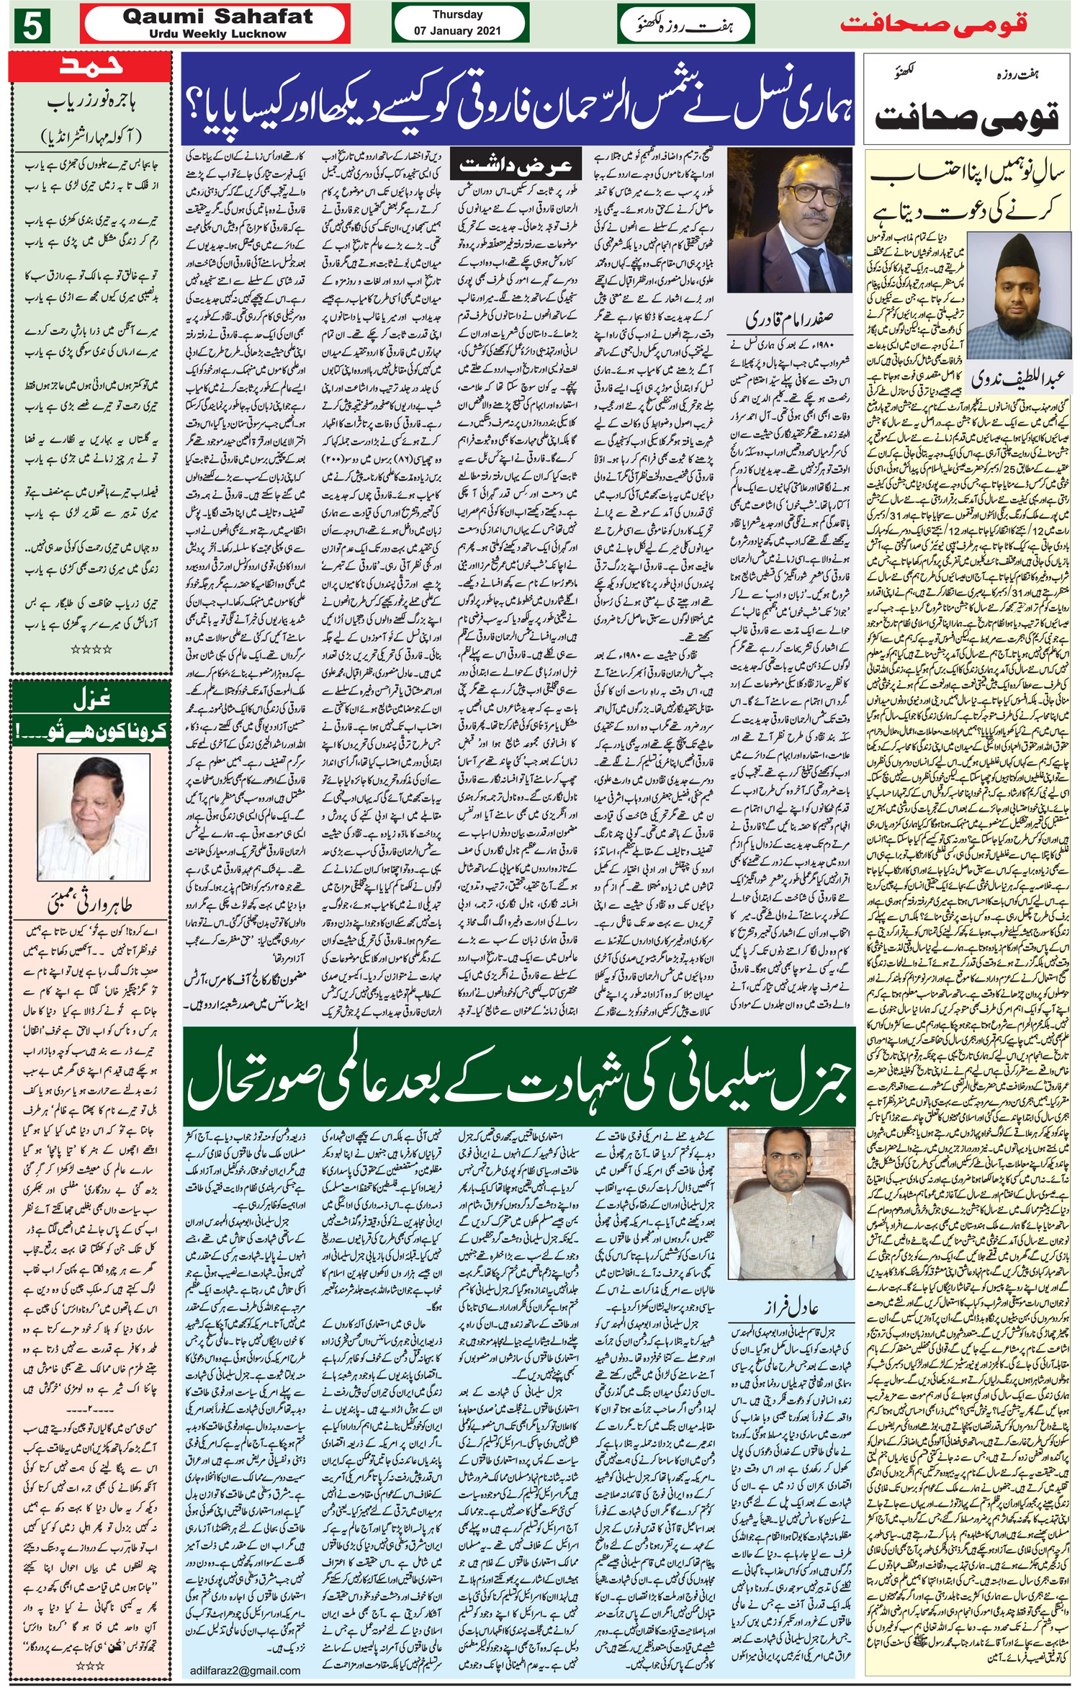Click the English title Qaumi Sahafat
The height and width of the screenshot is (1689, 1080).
point(217,17)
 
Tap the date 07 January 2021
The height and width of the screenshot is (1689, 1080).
point(457,31)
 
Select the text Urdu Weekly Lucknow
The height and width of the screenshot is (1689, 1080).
point(217,34)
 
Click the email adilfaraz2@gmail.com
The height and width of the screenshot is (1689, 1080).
point(246,1670)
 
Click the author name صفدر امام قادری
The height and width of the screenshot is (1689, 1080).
point(791,318)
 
